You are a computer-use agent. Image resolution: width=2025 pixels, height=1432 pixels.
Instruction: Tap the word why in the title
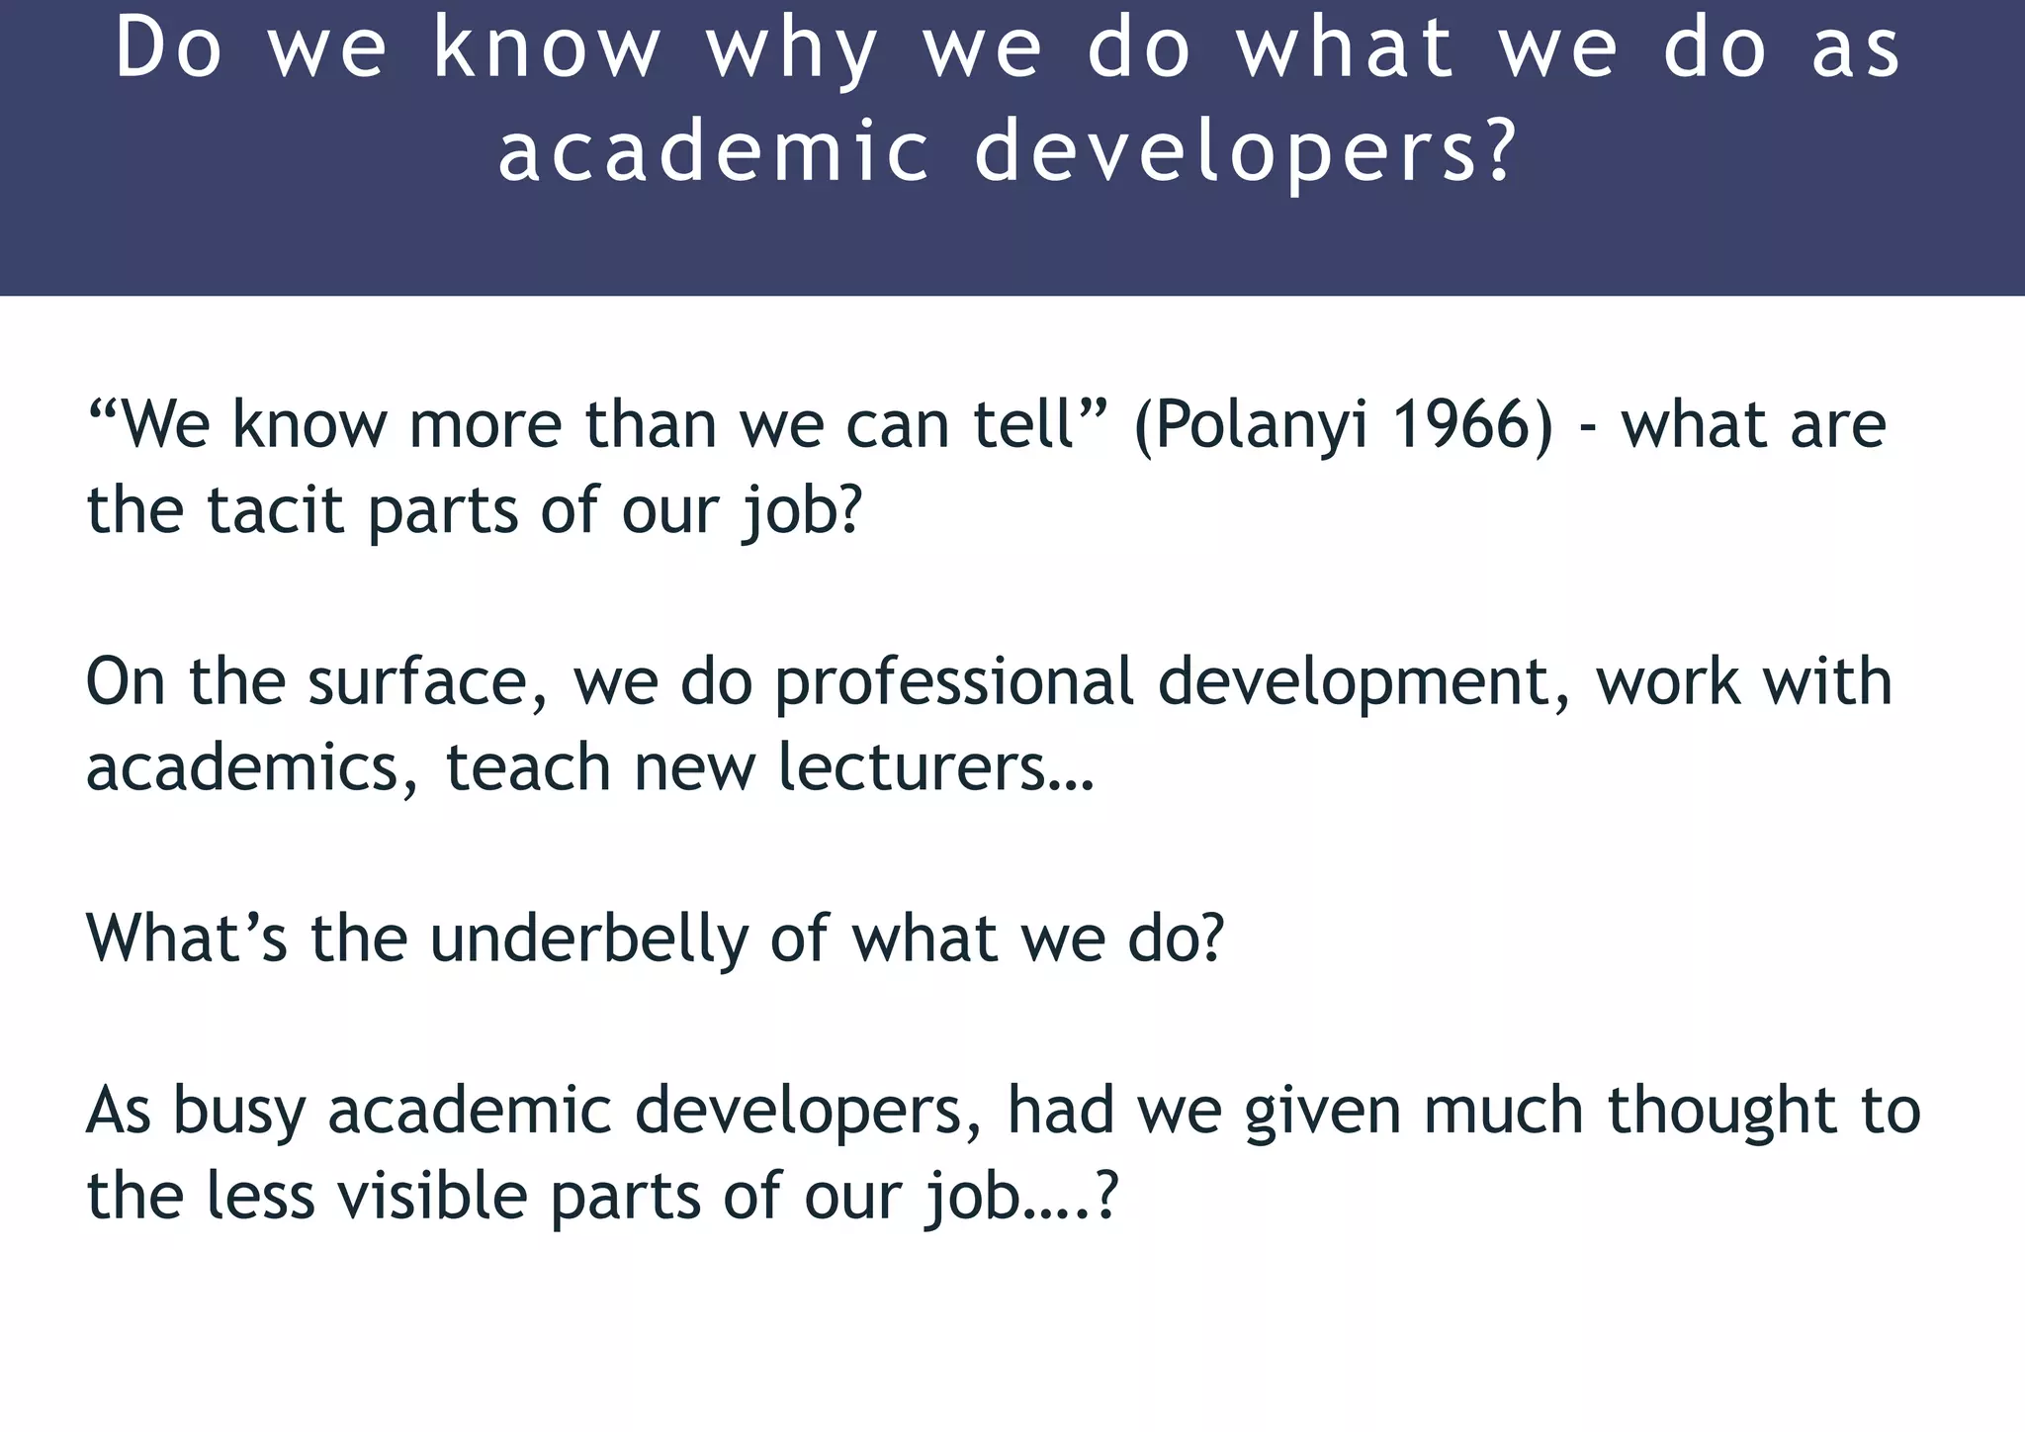pos(792,51)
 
